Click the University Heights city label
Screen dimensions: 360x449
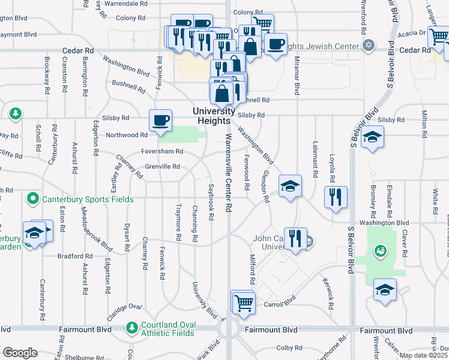(213, 115)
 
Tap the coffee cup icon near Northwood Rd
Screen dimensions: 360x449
(160, 120)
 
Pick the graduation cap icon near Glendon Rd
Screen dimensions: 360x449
(290, 187)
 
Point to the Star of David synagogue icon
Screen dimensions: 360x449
(369, 46)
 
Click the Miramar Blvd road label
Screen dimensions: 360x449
(297, 76)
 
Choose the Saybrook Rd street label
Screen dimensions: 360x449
(211, 201)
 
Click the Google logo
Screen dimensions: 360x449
(20, 353)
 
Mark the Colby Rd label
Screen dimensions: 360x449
(289, 348)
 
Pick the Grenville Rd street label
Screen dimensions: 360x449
(163, 166)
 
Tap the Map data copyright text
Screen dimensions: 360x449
(423, 355)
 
